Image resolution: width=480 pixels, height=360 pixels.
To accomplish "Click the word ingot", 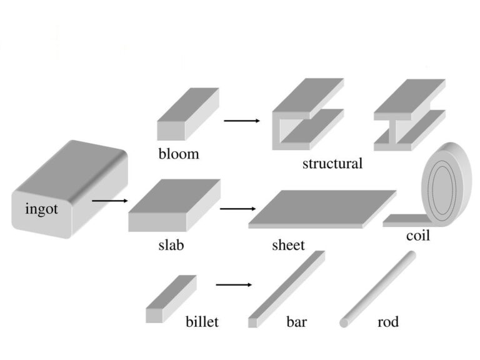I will [x=41, y=209].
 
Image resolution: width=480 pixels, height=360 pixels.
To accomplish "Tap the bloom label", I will [x=179, y=153].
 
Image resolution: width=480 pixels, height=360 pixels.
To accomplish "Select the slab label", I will [x=171, y=244].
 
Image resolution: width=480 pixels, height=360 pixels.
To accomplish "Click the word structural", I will [x=332, y=164].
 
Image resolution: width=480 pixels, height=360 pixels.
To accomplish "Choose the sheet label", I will [x=288, y=244].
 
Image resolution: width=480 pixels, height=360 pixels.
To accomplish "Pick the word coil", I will [x=417, y=237].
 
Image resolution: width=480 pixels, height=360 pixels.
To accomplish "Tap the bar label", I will [x=297, y=322].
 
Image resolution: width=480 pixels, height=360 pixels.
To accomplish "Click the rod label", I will [x=388, y=322].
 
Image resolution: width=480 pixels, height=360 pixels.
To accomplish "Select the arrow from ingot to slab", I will [x=109, y=201].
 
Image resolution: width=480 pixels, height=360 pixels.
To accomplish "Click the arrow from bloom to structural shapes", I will [x=242, y=120].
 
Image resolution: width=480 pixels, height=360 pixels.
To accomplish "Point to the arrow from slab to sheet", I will [x=238, y=209].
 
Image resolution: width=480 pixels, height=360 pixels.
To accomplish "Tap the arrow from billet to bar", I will [x=234, y=285].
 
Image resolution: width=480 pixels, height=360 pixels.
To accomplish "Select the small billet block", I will [x=171, y=299].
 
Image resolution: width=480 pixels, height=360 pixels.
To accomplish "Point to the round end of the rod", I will [x=344, y=323].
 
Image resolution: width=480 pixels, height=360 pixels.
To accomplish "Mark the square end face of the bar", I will [x=252, y=323].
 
